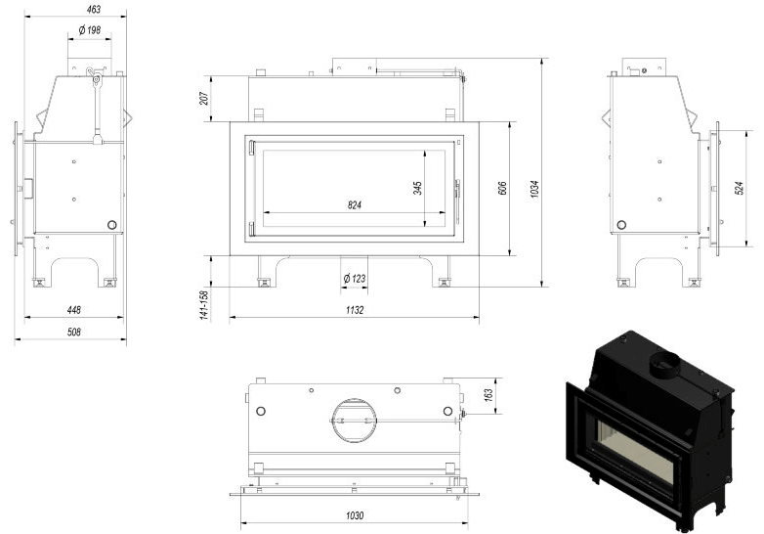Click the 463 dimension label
pos(94,9)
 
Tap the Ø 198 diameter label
pos(90,30)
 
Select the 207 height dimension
pos(204,98)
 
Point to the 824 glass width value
pos(355,204)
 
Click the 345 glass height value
pos(417,188)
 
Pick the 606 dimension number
pos(502,188)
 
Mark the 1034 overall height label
pos(534,189)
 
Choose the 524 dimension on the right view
pos(739,188)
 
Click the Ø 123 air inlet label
pos(355,279)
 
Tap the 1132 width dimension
pos(355,310)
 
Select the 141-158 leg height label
pos(204,305)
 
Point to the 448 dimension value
pos(74,310)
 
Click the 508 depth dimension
pos(74,333)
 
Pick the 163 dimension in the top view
pos(488,395)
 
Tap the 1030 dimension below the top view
pos(355,515)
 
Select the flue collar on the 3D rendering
pos(663,365)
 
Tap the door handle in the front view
pos(457,200)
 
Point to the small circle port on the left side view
pos(111,225)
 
